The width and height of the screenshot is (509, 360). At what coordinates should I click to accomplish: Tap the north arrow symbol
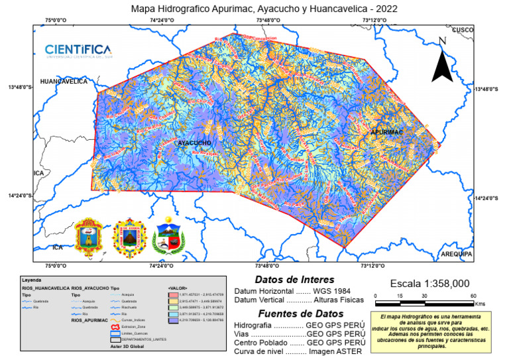443,62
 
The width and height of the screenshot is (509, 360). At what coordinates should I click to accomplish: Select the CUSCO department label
462,30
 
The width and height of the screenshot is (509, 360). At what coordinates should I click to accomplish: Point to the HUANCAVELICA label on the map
64,82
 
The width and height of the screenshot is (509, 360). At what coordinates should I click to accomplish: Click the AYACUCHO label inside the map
194,143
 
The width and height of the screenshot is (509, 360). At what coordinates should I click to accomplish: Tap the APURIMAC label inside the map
387,133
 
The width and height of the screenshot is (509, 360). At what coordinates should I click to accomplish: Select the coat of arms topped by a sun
129,236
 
